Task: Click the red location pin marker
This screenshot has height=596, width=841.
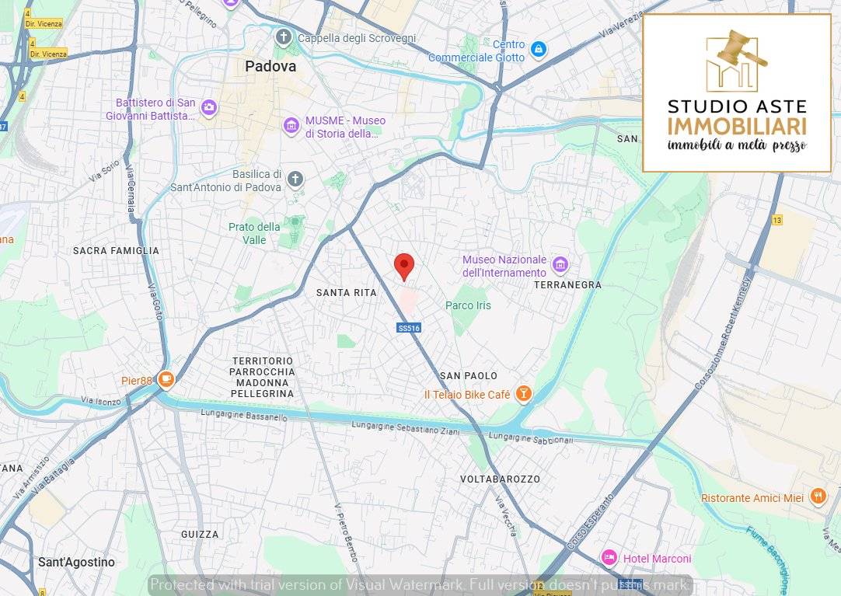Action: (403, 266)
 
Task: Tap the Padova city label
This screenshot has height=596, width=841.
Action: (270, 67)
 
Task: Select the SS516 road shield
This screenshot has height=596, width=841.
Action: (409, 328)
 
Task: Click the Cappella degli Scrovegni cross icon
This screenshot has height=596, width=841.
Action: (284, 37)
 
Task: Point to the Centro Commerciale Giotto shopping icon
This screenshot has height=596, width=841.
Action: (538, 51)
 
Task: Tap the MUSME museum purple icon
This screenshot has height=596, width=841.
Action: (291, 125)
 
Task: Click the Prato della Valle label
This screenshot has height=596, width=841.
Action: (254, 233)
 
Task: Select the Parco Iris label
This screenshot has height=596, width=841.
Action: (468, 305)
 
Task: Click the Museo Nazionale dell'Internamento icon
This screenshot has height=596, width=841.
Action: (560, 266)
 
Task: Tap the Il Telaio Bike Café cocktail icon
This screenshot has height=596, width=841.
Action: (524, 394)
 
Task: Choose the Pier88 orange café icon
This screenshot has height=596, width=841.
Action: (166, 380)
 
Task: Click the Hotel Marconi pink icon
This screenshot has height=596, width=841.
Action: (609, 557)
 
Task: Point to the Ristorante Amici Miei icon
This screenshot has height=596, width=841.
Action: (818, 496)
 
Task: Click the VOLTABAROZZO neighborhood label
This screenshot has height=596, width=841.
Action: (500, 479)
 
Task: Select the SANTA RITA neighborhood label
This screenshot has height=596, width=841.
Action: (346, 293)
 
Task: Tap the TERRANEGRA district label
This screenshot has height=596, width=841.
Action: (567, 285)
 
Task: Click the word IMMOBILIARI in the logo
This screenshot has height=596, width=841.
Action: (736, 126)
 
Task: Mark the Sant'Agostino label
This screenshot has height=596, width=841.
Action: (76, 562)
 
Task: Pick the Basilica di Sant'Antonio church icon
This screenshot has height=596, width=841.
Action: (295, 179)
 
